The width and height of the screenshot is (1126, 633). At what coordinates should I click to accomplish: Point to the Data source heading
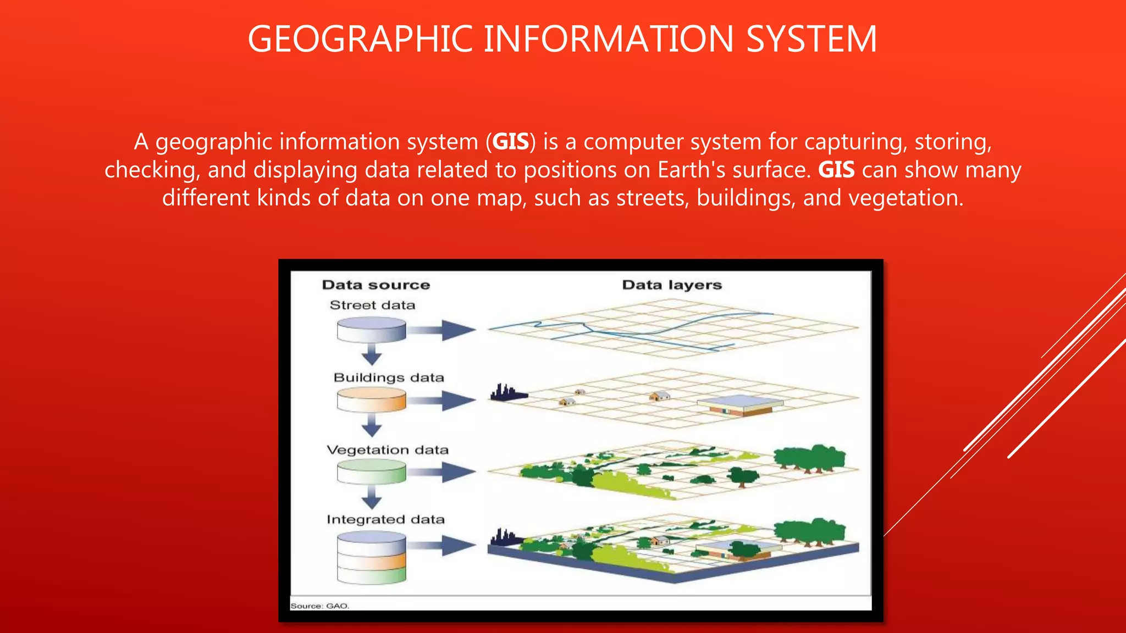[x=376, y=285]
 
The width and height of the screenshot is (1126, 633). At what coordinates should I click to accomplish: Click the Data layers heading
[x=672, y=285]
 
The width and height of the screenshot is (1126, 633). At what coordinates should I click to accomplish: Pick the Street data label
[x=372, y=305]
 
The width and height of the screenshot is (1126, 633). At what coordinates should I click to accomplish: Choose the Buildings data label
[x=389, y=377]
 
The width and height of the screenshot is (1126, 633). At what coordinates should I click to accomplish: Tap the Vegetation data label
[x=388, y=450]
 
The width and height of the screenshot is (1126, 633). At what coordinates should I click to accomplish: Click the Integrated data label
[x=385, y=519]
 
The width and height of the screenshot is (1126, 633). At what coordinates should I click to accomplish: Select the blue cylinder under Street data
[x=371, y=330]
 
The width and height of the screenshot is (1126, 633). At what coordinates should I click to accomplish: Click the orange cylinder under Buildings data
[x=371, y=399]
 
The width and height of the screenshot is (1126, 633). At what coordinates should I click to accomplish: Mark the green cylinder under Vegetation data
[x=371, y=471]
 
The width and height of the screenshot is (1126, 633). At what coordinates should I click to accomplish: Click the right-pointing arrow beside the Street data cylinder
[x=443, y=330]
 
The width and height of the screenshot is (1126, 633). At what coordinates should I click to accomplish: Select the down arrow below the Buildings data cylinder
[x=372, y=425]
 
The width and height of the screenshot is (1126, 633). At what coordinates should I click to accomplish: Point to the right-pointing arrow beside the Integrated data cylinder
[x=443, y=545]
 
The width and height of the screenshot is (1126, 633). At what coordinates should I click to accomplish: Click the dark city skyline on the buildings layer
[x=507, y=393]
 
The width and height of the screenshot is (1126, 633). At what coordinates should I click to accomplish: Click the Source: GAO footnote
[x=319, y=606]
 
